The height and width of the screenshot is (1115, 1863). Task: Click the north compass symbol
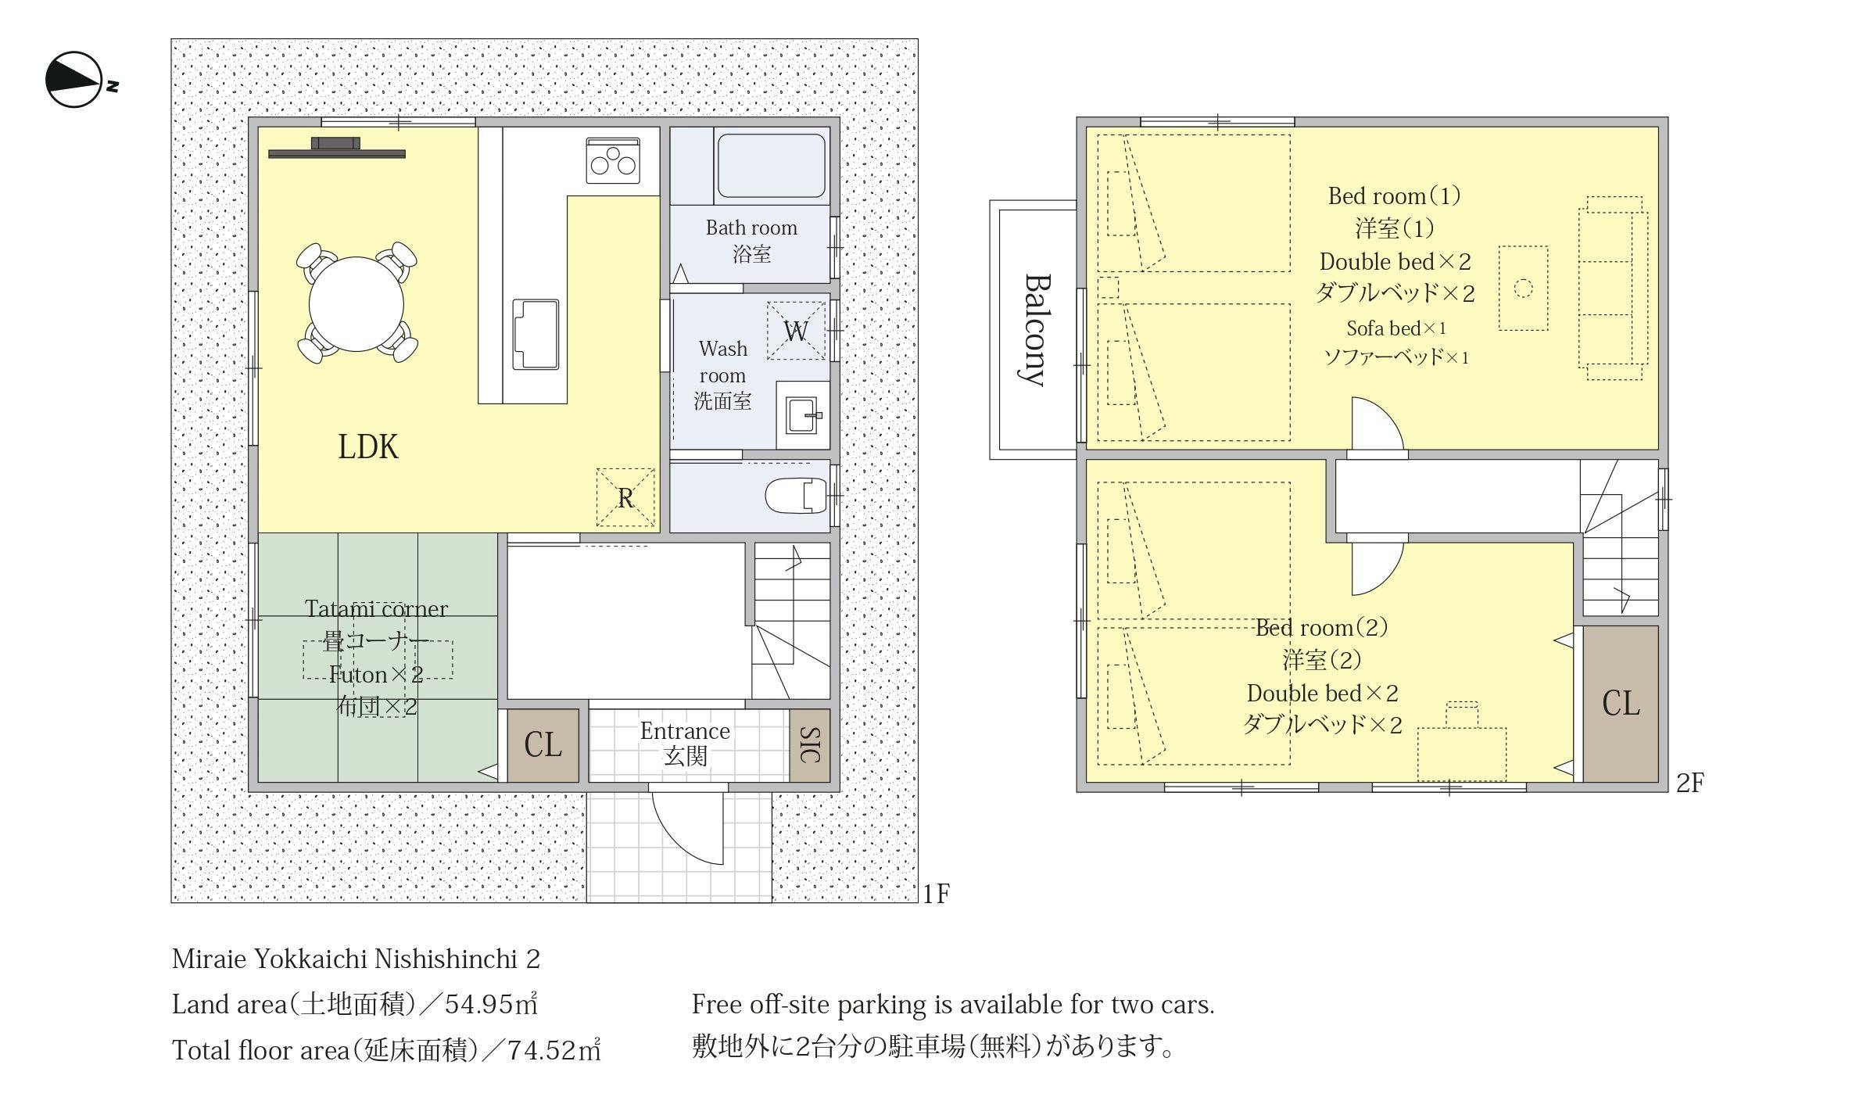point(75,80)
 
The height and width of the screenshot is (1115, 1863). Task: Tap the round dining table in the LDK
point(356,304)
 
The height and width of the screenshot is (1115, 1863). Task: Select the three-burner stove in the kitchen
point(613,161)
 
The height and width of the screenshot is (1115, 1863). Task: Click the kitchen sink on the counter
point(536,334)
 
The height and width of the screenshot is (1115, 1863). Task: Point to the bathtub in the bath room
point(771,167)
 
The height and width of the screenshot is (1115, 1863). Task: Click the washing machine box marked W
point(796,331)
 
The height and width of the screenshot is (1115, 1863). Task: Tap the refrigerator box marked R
point(625,497)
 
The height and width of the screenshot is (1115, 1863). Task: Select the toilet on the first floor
point(796,496)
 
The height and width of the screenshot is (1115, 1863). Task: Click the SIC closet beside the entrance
point(810,745)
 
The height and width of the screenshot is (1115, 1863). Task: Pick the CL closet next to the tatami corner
point(543,745)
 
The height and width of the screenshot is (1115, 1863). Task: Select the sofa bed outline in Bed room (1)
point(1613,288)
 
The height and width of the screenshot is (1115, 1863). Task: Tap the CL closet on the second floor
point(1621,704)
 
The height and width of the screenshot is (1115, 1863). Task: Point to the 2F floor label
point(1689,783)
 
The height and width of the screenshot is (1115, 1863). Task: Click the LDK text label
point(368,447)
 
